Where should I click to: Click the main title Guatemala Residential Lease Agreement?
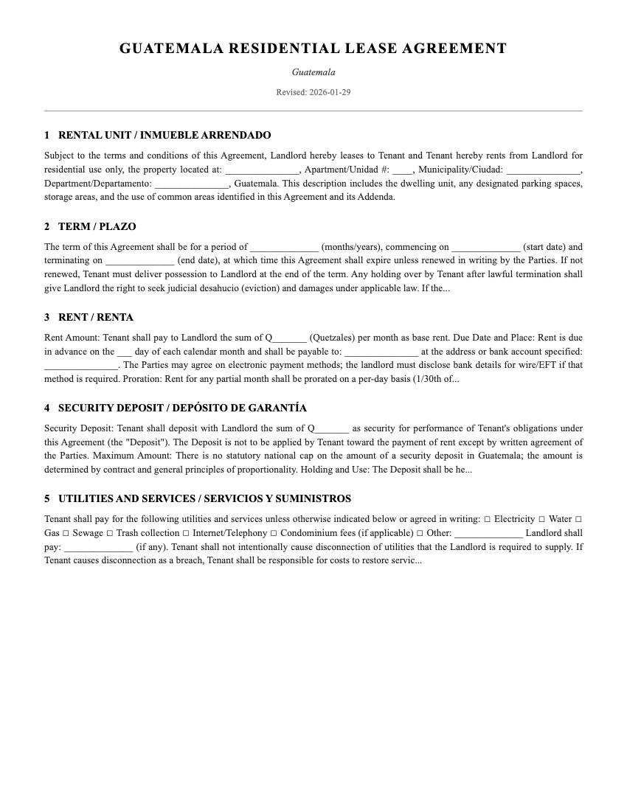pyautogui.click(x=313, y=49)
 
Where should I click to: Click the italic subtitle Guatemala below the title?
pyautogui.click(x=313, y=72)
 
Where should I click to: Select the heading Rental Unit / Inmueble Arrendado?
pyautogui.click(x=157, y=136)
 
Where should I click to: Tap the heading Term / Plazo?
pyautogui.click(x=90, y=226)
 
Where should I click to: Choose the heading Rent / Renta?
pyautogui.click(x=89, y=318)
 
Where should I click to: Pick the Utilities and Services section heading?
pyautogui.click(x=197, y=499)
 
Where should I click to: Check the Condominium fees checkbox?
pyautogui.click(x=273, y=533)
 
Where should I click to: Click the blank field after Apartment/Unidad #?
pyautogui.click(x=403, y=170)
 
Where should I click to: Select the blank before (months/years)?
pyautogui.click(x=284, y=248)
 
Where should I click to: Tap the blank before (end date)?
pyautogui.click(x=140, y=261)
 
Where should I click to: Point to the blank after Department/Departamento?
pyautogui.click(x=192, y=184)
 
